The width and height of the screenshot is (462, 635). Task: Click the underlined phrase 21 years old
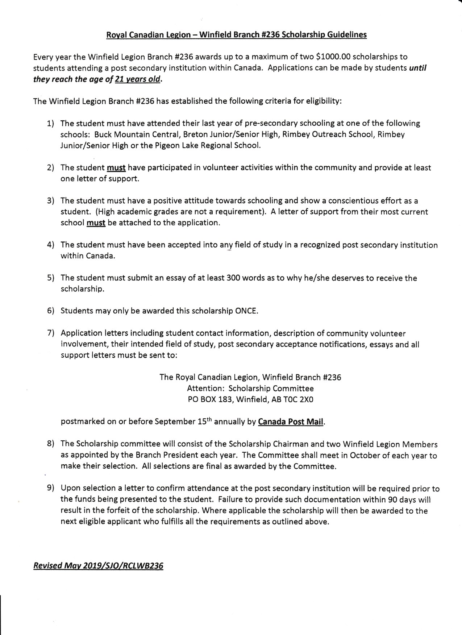(137, 79)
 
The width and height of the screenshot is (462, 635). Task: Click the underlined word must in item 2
(116, 168)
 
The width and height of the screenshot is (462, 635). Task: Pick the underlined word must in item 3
(96, 223)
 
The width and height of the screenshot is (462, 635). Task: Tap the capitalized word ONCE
(246, 311)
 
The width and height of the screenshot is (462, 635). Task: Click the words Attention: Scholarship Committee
(250, 389)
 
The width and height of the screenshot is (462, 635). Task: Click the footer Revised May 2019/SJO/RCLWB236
(98, 566)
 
